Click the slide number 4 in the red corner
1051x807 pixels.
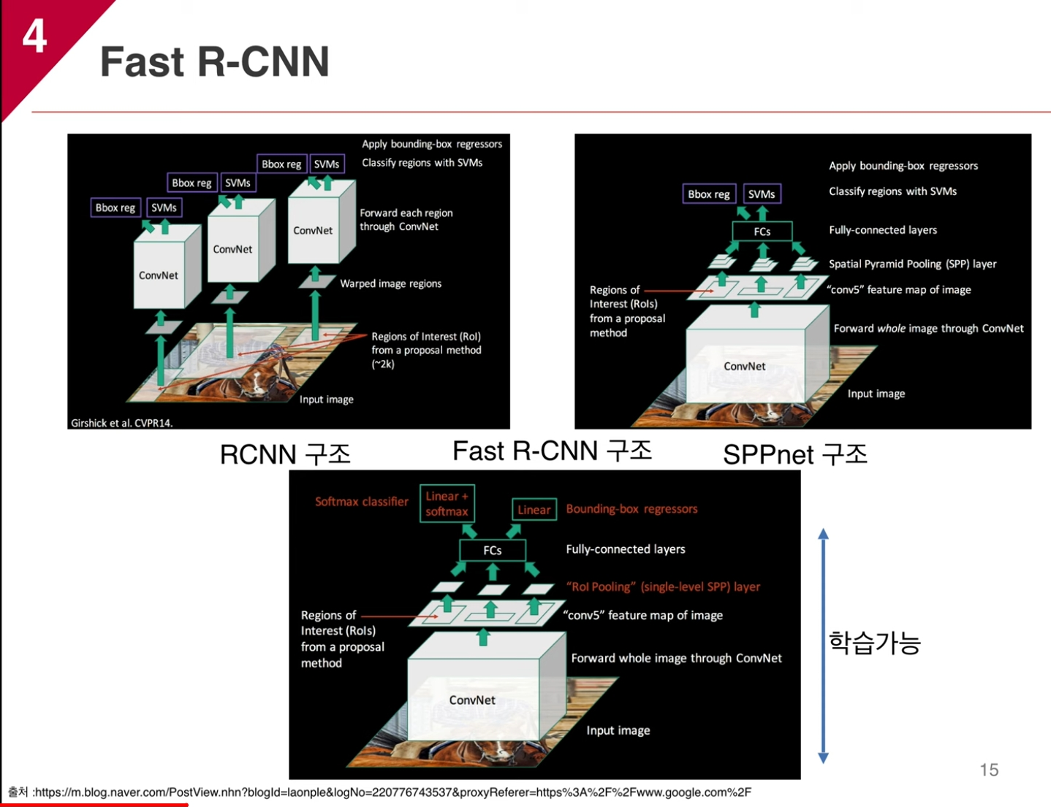34,36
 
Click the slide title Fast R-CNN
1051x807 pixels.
215,61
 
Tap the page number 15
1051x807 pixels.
989,770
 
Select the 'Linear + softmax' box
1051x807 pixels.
447,504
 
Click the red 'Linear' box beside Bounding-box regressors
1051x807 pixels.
534,510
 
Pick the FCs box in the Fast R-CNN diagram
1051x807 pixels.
492,550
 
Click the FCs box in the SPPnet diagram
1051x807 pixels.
762,232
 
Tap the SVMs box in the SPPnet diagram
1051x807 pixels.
762,194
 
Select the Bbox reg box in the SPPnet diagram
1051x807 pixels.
708,194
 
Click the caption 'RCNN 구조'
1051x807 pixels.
285,454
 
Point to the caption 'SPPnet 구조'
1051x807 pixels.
794,454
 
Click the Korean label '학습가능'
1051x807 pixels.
874,643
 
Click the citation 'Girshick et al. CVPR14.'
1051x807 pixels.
122,423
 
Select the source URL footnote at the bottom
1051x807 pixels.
380,792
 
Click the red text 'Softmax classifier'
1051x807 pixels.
362,502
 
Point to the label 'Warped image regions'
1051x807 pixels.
390,283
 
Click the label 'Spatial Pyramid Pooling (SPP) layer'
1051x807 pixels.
912,264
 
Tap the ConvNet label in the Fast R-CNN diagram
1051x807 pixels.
472,700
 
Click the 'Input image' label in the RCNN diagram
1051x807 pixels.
326,399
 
